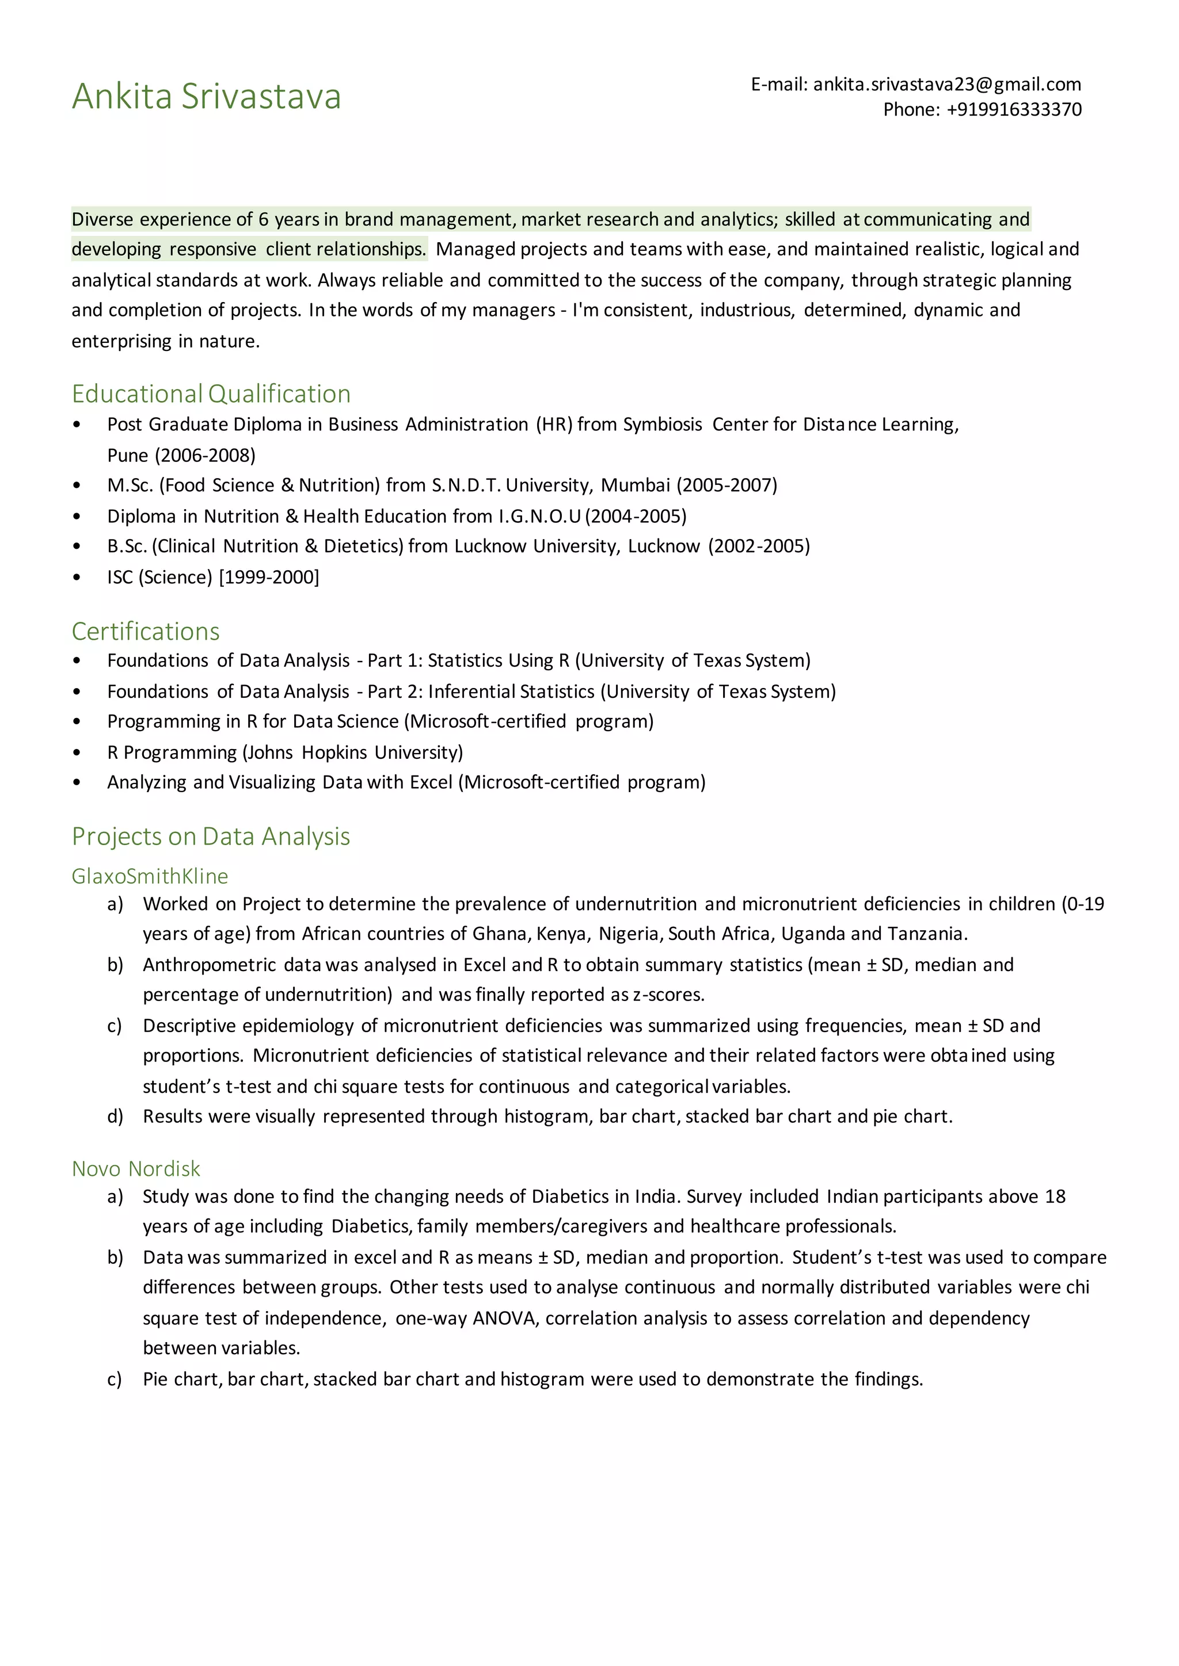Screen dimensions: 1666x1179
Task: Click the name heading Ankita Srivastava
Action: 206,97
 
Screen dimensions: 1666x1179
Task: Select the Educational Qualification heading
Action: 211,394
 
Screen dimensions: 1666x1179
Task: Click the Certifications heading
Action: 145,631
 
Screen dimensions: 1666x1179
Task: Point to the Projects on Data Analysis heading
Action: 211,836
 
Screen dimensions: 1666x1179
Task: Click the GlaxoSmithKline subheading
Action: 150,877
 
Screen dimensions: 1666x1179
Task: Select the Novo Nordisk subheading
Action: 136,1169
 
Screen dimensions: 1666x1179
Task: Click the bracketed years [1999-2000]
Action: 269,578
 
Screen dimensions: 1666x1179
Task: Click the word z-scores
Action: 668,995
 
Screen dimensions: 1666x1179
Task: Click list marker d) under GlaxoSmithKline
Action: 115,1116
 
